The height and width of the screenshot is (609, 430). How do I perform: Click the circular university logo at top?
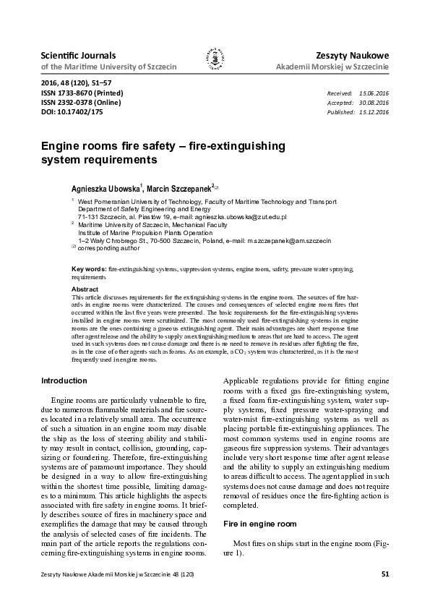click(x=214, y=60)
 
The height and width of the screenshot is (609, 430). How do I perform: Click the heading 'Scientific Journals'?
click(x=69, y=55)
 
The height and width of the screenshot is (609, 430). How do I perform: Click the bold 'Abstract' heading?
click(x=85, y=289)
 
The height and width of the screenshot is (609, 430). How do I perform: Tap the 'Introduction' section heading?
click(x=64, y=380)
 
